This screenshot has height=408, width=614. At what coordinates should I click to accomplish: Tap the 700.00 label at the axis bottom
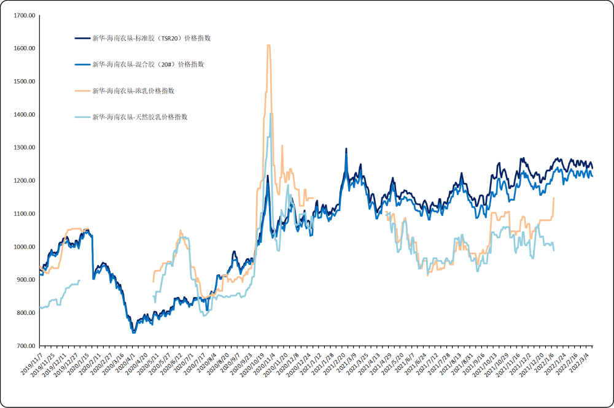point(26,346)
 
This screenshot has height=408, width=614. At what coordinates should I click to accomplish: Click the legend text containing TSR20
point(152,38)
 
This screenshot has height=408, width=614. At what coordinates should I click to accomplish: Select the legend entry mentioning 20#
point(148,64)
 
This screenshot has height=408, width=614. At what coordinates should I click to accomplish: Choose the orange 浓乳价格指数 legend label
point(133,91)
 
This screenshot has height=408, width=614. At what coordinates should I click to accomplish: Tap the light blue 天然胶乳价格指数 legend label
point(140,117)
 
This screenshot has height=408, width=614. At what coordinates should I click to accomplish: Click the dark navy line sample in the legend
point(82,38)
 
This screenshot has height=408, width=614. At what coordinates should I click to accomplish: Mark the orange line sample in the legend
point(82,91)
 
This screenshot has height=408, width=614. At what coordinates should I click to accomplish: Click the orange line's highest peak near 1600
point(268,45)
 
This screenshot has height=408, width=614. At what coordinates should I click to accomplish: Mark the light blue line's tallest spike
point(271,114)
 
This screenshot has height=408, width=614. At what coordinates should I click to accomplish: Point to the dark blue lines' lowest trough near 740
point(134,332)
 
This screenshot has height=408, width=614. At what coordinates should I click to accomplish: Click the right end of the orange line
point(554,198)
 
